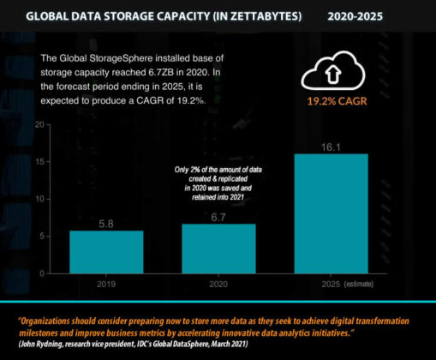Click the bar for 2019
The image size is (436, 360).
tap(107, 251)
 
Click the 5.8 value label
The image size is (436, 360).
tap(107, 223)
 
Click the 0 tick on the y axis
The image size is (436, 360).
tap(41, 273)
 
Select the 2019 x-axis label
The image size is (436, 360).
tap(107, 282)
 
